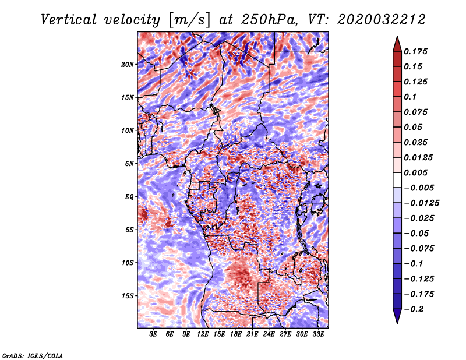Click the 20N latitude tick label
[128, 64]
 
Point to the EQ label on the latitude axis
[129, 196]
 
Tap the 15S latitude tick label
[128, 296]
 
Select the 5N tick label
[129, 164]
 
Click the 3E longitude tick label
[153, 334]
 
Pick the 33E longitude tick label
[318, 334]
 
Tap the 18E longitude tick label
[236, 334]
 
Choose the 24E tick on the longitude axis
[269, 334]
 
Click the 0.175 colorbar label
[415, 51]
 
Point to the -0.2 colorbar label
[414, 309]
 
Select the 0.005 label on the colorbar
[415, 172]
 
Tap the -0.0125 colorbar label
[421, 203]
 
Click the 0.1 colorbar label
[410, 97]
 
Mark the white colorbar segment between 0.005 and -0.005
[397, 180]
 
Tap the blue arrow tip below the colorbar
[397, 323]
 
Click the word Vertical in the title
[69, 20]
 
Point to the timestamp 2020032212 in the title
[382, 20]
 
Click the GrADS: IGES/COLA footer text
[33, 355]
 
